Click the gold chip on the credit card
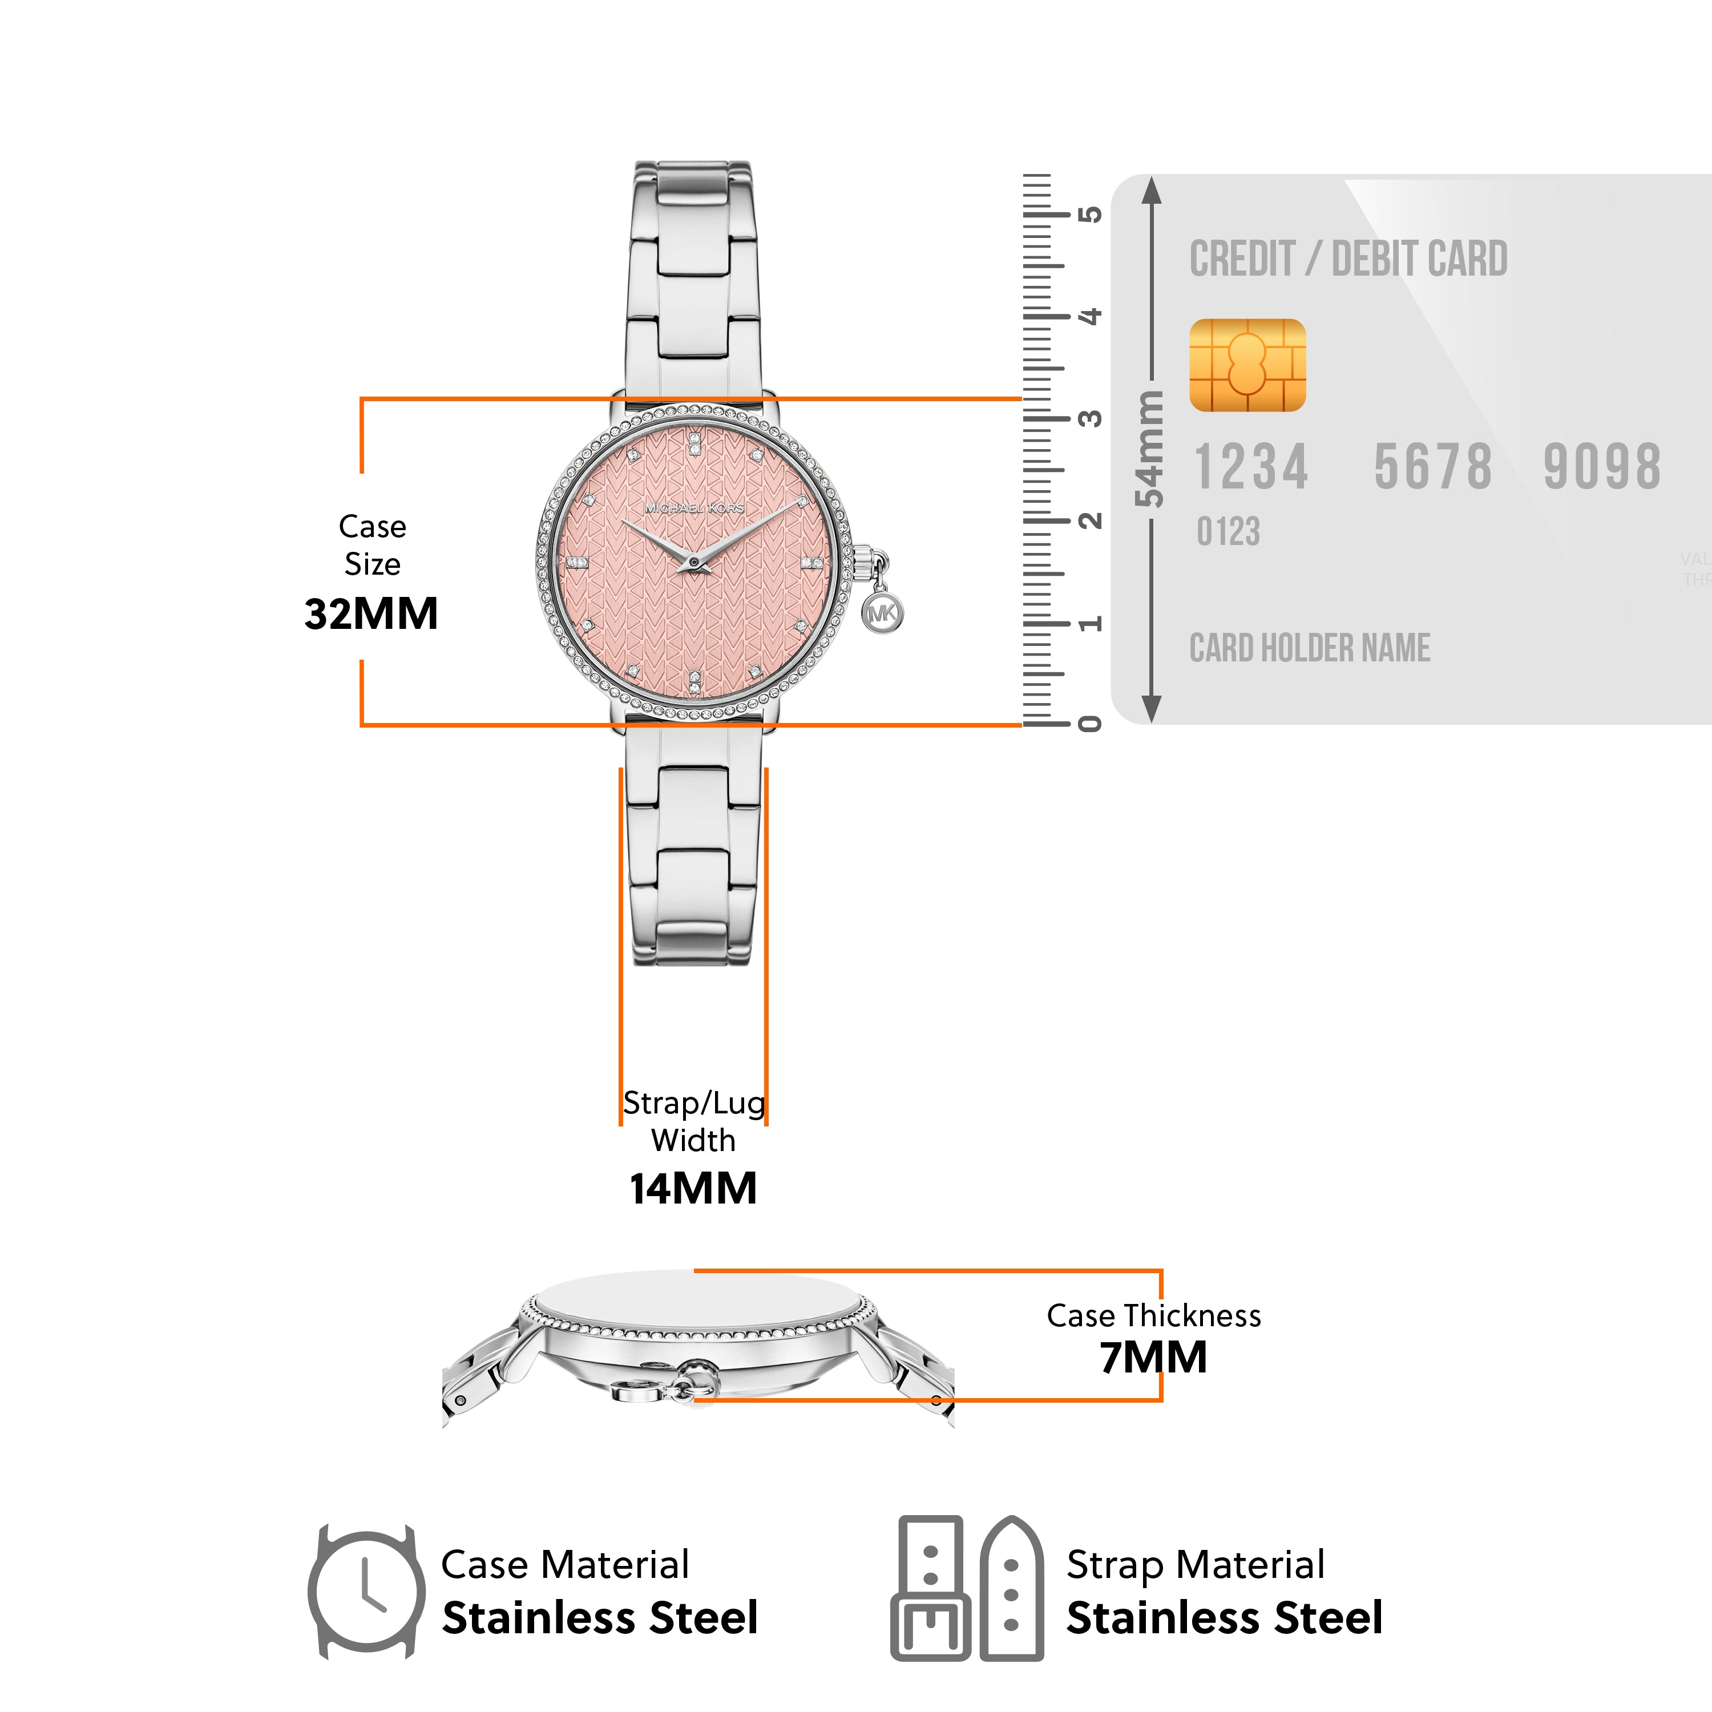coord(1247,365)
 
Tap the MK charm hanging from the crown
coord(883,613)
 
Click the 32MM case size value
coord(372,614)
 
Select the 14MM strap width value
coord(693,1188)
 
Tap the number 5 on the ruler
coord(1091,215)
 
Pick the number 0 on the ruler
coord(1091,724)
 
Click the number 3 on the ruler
coord(1091,418)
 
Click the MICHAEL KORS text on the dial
coord(695,508)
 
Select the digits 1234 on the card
coord(1251,467)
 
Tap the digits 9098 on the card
coord(1601,467)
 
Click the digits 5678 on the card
coord(1433,467)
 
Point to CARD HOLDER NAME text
coord(1310,648)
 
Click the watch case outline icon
coord(366,1592)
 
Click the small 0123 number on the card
coord(1228,532)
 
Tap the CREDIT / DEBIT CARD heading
coord(1348,259)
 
